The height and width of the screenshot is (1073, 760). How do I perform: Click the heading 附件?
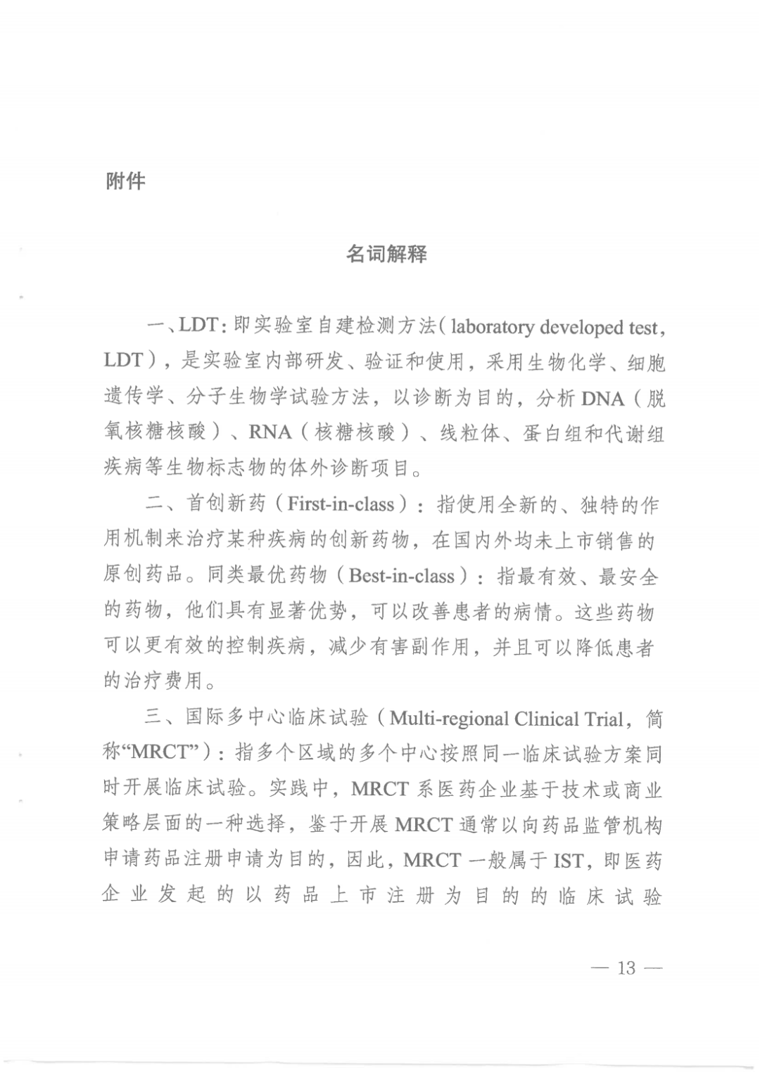[126, 181]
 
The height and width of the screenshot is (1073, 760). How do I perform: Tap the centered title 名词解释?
[386, 254]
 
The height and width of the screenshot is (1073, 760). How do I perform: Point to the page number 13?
[626, 968]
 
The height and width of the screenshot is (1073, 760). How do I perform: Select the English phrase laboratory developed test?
[555, 328]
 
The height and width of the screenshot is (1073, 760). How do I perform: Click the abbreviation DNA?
[603, 399]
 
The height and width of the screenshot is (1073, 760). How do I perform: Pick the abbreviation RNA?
[270, 432]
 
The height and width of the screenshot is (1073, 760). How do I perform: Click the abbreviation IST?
[568, 860]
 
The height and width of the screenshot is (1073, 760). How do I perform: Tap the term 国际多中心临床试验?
[277, 719]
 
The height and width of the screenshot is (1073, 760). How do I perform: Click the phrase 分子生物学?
[236, 398]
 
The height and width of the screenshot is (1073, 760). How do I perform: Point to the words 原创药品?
[134, 576]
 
